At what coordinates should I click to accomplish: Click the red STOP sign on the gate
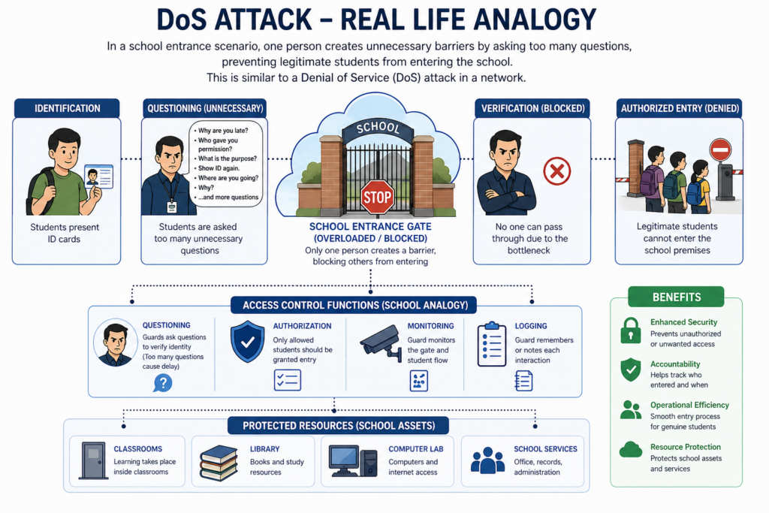(377, 197)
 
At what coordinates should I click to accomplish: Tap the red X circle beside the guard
(557, 171)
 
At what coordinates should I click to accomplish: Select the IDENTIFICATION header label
(67, 108)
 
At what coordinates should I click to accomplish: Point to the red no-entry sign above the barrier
(720, 149)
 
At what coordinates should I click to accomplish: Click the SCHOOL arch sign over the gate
(378, 128)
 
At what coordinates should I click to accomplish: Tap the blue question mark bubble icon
(163, 383)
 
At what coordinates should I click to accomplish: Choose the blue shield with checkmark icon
(248, 341)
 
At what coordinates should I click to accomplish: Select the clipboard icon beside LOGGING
(491, 344)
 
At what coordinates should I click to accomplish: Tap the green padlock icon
(631, 330)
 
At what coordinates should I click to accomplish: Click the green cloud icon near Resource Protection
(631, 450)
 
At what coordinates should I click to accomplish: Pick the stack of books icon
(219, 463)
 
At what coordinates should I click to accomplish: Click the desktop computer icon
(353, 461)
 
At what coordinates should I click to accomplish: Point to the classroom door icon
(93, 460)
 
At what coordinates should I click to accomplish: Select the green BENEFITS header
(677, 297)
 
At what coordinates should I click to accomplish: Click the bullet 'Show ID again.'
(219, 168)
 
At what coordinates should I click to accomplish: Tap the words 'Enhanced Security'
(683, 322)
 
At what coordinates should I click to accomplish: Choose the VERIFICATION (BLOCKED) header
(532, 108)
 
